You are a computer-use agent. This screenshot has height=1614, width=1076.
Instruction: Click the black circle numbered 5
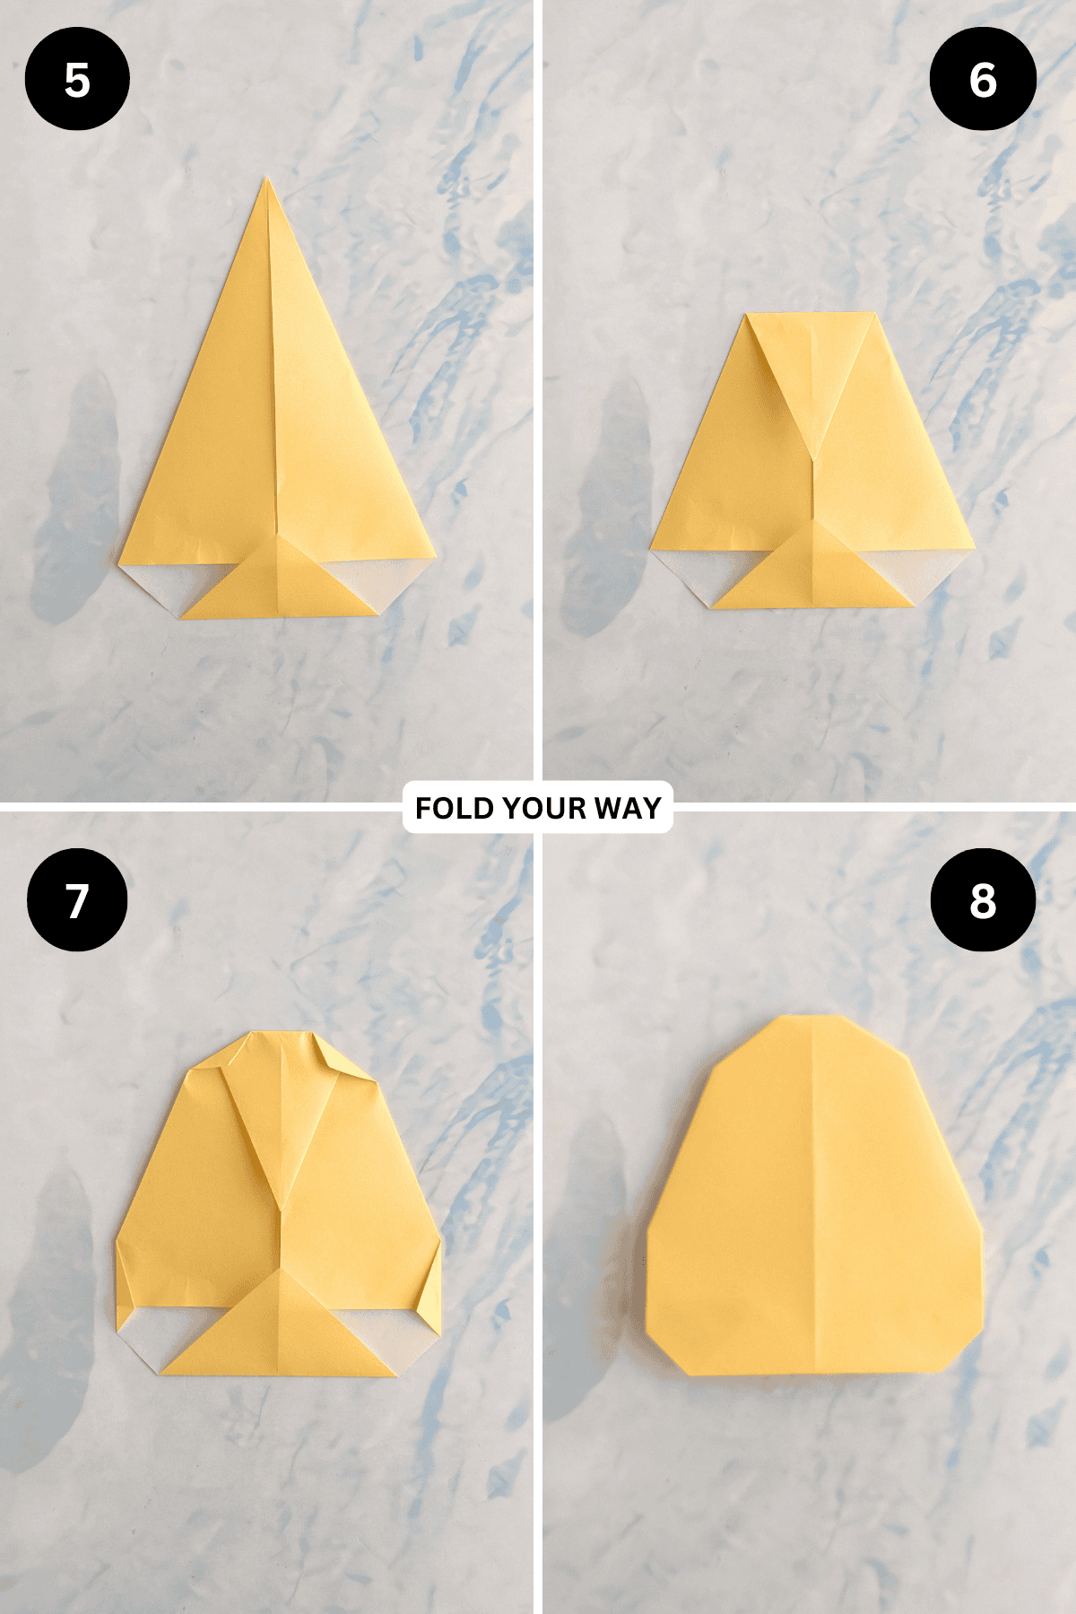(x=77, y=79)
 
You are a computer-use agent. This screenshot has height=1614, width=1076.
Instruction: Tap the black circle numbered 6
(x=983, y=79)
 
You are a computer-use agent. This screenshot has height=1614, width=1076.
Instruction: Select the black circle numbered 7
(x=77, y=900)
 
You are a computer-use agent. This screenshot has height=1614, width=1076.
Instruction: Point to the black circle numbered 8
(x=983, y=900)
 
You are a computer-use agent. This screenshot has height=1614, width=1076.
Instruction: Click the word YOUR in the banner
(x=538, y=808)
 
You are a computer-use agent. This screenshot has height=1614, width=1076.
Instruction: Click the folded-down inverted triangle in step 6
(x=812, y=368)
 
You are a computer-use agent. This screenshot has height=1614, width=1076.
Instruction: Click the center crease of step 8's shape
(x=813, y=1193)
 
